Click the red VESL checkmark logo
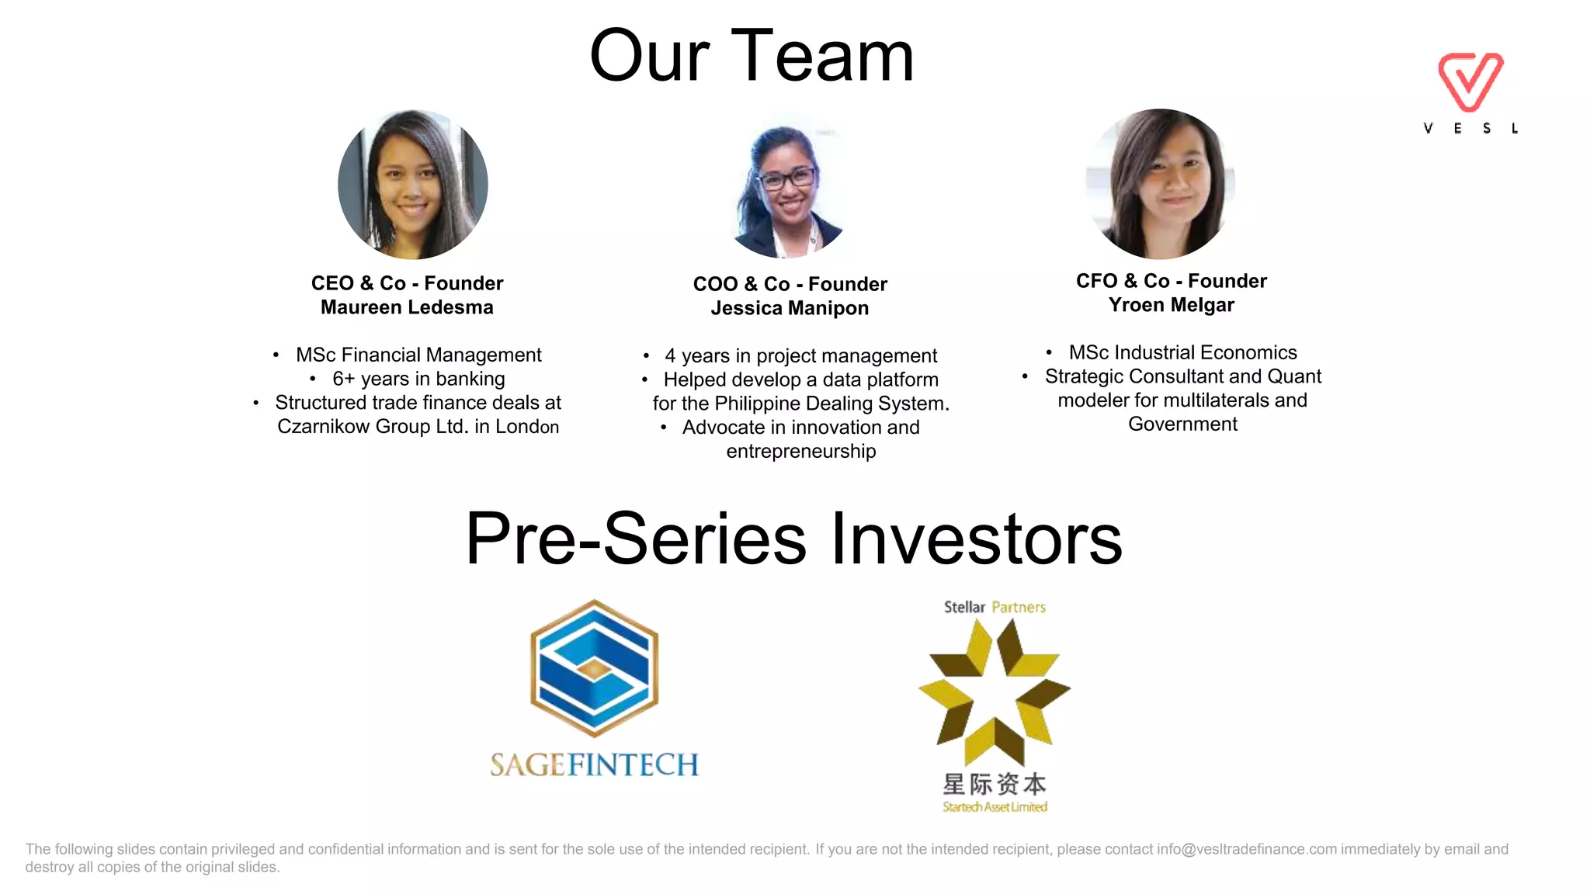point(1470,81)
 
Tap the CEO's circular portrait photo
point(413,185)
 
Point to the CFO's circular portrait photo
point(1161,184)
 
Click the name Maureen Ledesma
point(407,307)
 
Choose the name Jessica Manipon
point(790,308)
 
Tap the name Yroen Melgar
point(1171,305)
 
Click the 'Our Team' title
point(752,56)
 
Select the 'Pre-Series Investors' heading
point(793,539)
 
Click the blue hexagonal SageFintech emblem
point(595,668)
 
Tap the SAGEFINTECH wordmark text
point(595,765)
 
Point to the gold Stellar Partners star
point(995,691)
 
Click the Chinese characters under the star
point(995,784)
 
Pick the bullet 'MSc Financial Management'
point(418,355)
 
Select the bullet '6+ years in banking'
point(418,379)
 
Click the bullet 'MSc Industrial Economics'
point(1182,352)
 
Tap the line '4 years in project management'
point(800,355)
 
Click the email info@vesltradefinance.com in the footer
point(1247,849)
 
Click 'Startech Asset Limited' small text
point(995,807)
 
